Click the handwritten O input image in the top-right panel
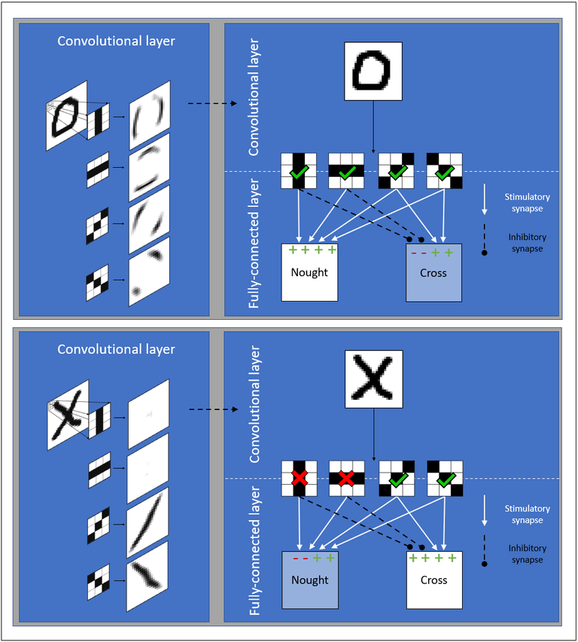pyautogui.click(x=373, y=72)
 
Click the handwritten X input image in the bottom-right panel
pyautogui.click(x=373, y=379)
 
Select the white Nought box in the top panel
pyautogui.click(x=309, y=272)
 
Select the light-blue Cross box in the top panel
pyautogui.click(x=433, y=272)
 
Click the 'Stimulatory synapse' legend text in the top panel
pyautogui.click(x=527, y=202)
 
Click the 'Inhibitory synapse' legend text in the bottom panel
pyautogui.click(x=527, y=554)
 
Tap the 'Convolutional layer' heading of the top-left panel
pyautogui.click(x=117, y=41)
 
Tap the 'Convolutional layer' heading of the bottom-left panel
pyautogui.click(x=117, y=349)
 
